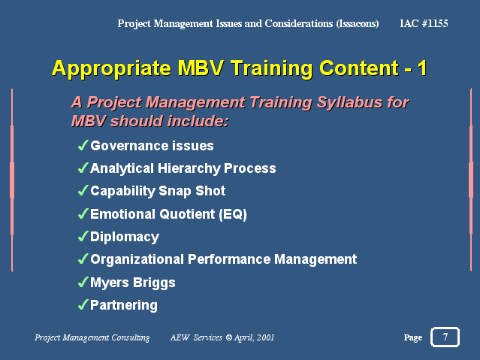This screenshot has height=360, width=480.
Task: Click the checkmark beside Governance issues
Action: pyautogui.click(x=83, y=145)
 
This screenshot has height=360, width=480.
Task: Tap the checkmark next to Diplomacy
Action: pyautogui.click(x=83, y=236)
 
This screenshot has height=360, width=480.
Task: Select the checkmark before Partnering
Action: pyautogui.click(x=83, y=304)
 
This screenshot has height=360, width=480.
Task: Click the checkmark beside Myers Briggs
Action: pyautogui.click(x=83, y=282)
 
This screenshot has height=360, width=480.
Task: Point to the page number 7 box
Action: pyautogui.click(x=445, y=337)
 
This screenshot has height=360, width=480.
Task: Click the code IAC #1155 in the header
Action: pyautogui.click(x=424, y=23)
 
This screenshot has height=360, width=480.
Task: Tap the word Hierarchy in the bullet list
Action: pyautogui.click(x=189, y=169)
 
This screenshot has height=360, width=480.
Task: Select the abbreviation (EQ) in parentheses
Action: pyautogui.click(x=233, y=214)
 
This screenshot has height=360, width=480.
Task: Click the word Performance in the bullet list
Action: pyautogui.click(x=229, y=259)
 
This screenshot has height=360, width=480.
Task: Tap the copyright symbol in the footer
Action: pyautogui.click(x=229, y=337)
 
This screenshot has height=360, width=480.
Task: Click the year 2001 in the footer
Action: pyautogui.click(x=265, y=337)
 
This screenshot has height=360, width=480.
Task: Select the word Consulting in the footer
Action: pyautogui.click(x=131, y=337)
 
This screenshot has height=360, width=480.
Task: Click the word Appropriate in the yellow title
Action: pyautogui.click(x=111, y=68)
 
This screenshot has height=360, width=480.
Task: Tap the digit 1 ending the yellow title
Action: pyautogui.click(x=422, y=68)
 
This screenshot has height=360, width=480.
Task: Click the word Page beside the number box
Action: pyautogui.click(x=413, y=337)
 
